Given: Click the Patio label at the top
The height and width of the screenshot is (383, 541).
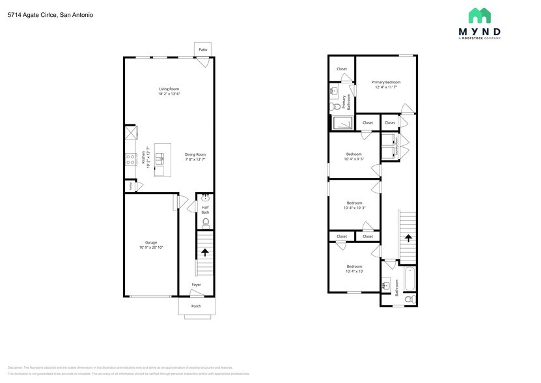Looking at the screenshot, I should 202,50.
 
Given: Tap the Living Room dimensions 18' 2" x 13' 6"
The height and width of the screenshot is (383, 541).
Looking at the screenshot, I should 169,94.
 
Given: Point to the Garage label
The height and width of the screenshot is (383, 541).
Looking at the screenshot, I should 151,242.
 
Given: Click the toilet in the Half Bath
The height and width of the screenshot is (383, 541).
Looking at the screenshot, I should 205,223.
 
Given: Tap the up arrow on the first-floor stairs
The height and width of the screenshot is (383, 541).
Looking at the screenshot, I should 205,251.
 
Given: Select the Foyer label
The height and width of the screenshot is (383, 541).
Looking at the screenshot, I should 196,285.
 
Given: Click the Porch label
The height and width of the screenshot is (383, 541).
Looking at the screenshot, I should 196,305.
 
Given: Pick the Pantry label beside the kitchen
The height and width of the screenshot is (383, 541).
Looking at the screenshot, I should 131,186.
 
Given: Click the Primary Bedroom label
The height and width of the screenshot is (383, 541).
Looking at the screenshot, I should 386,82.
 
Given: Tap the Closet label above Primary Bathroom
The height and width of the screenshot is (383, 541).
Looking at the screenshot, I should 342,68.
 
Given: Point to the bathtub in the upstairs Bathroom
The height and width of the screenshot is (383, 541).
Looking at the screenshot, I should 409,280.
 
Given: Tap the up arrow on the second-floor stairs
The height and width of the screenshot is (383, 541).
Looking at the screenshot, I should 408,238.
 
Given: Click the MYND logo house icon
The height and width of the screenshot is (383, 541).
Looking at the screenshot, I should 480,15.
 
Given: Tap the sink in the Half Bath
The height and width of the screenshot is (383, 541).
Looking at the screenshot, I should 205,197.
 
